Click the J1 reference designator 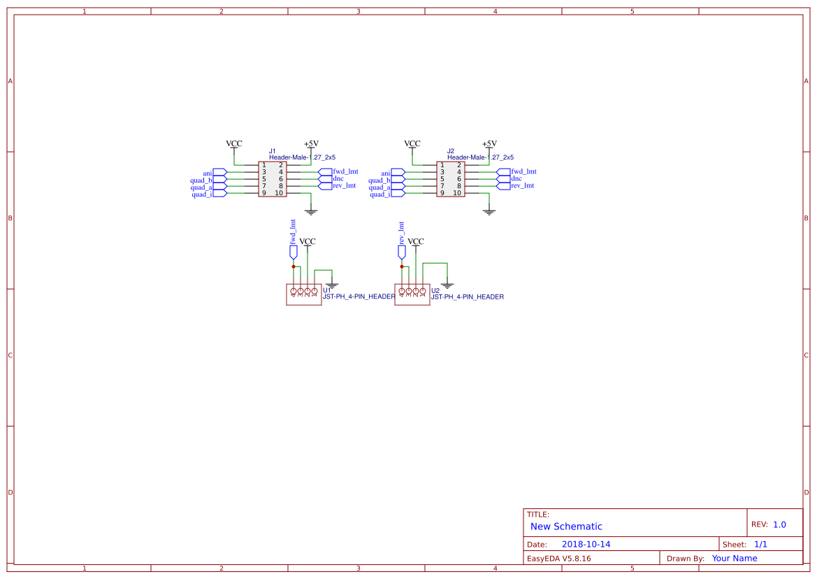click(x=273, y=151)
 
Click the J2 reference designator click(x=451, y=151)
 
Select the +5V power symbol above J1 click(x=311, y=144)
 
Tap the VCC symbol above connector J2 click(x=412, y=144)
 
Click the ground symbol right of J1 click(x=311, y=210)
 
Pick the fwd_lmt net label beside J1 click(x=346, y=171)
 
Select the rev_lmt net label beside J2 click(x=523, y=186)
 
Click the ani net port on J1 click(x=208, y=173)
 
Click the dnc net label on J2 click(x=516, y=179)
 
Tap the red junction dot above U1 click(x=294, y=266)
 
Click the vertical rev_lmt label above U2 click(x=401, y=232)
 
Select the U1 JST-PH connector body click(x=303, y=294)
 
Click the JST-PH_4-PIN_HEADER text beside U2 click(x=467, y=297)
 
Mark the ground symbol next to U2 click(x=447, y=285)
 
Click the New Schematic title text click(x=566, y=527)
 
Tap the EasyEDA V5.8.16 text click(x=558, y=559)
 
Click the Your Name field click(x=735, y=559)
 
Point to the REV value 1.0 click(x=779, y=524)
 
